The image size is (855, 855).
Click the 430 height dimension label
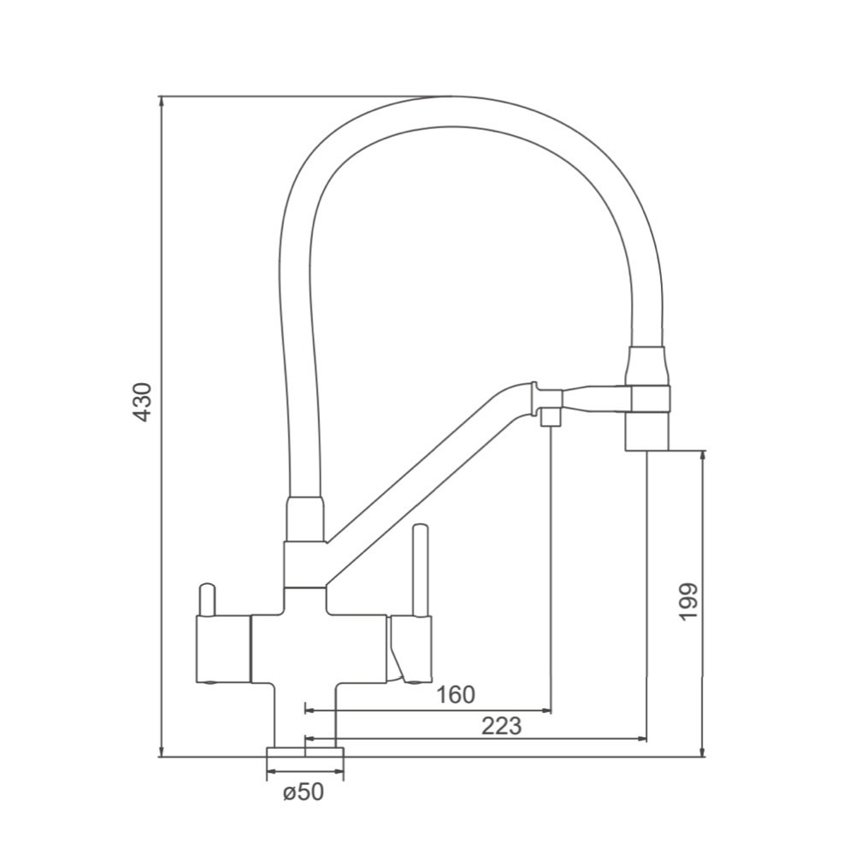coord(144,402)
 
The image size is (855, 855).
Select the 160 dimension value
coord(456,694)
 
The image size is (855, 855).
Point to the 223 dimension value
coord(502,726)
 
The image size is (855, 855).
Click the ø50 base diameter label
coord(304,792)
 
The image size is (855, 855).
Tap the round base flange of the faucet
coord(305,752)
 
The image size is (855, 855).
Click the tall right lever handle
coord(421,569)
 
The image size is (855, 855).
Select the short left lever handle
coord(207,600)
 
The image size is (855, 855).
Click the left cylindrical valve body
coord(222,649)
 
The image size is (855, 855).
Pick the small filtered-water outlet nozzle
coord(550,418)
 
